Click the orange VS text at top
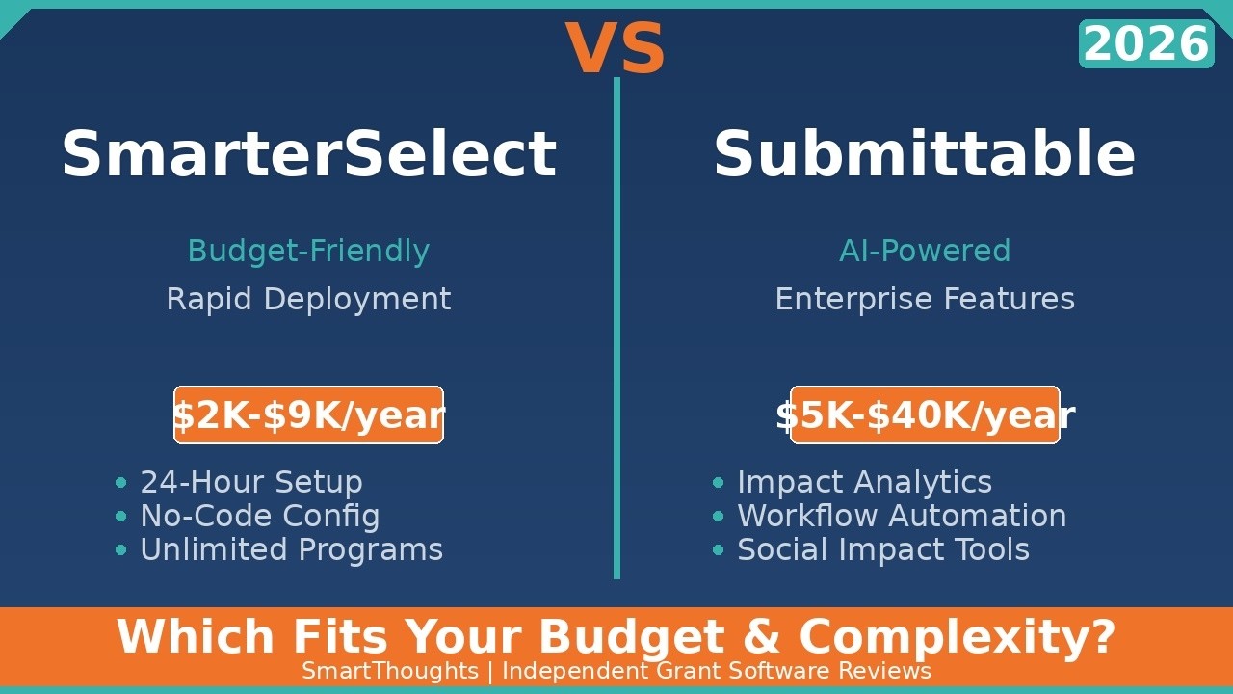(616, 49)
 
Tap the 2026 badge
(1145, 44)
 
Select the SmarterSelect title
(308, 154)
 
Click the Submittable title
(924, 154)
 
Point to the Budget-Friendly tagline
(308, 251)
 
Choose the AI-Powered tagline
(925, 251)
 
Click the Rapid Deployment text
(308, 299)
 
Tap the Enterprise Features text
(925, 299)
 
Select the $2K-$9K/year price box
(308, 415)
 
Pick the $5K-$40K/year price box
(925, 415)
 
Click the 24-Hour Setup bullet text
(251, 482)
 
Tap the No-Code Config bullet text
(260, 516)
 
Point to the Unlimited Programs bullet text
(291, 549)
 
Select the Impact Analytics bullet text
(864, 482)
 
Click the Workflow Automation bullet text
(902, 516)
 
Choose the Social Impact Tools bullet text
(883, 549)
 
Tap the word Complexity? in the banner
(957, 637)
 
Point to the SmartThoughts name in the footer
(390, 671)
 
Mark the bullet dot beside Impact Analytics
(718, 482)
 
